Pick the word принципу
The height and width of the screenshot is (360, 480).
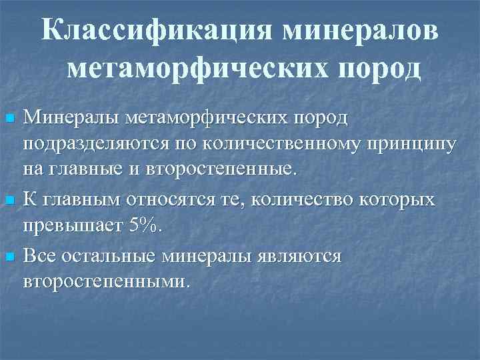click(399, 144)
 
